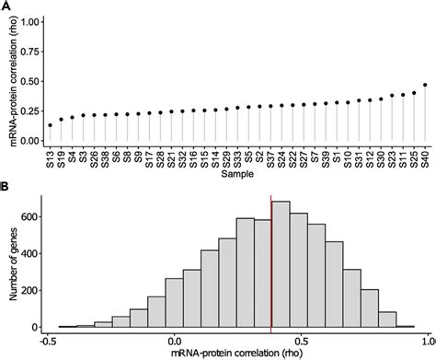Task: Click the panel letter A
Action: tap(6, 6)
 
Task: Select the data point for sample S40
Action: tap(425, 85)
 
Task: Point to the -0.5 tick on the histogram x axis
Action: tap(47, 339)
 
